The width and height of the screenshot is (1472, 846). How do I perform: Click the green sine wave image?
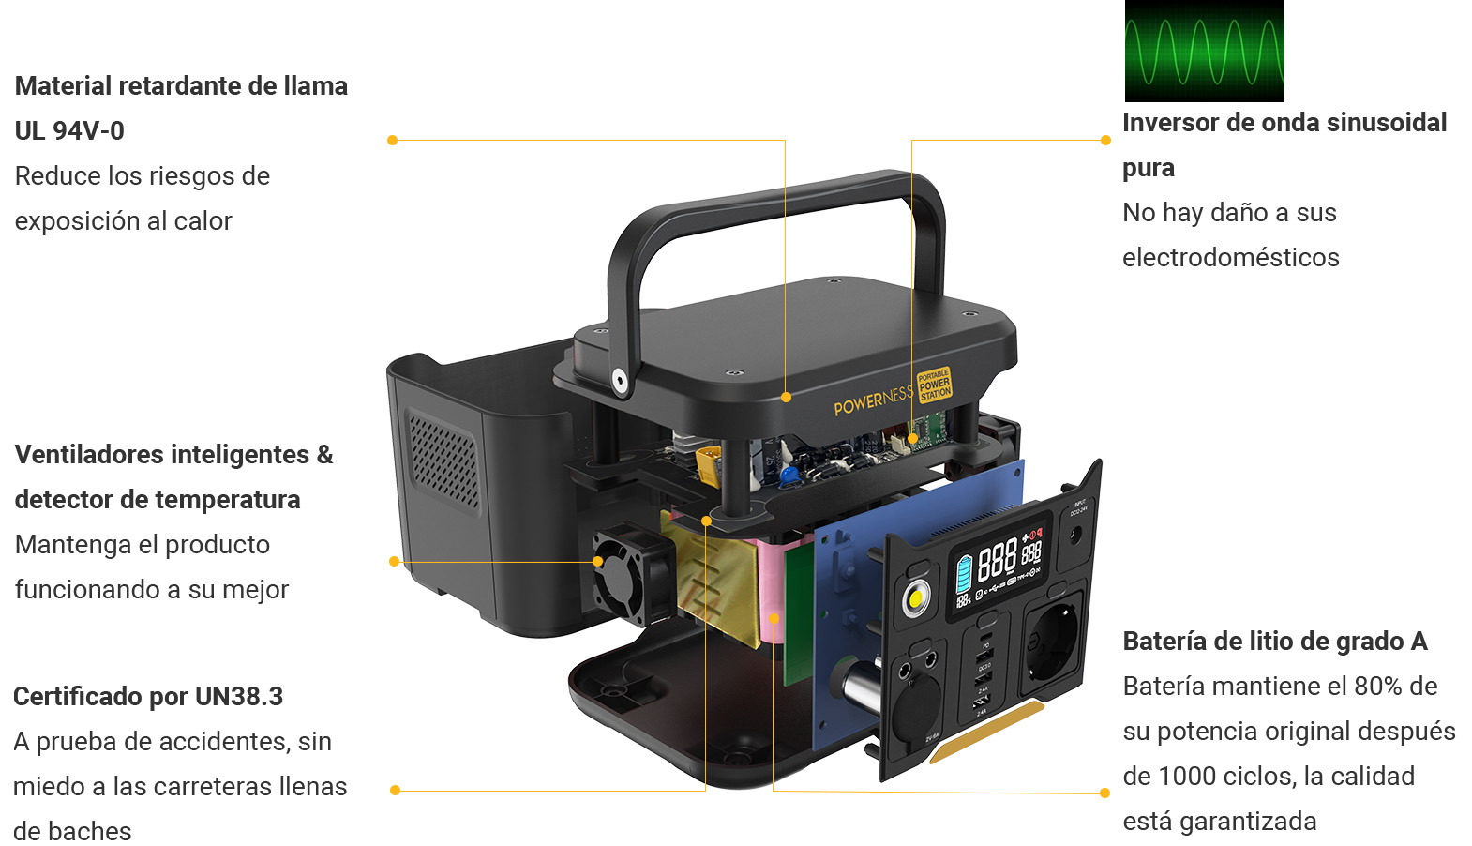[x=1204, y=51]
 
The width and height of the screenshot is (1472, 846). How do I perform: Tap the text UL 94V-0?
[x=69, y=131]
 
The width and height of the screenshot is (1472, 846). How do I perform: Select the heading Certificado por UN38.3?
[x=148, y=697]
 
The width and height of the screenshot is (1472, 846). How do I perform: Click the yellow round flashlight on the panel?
[x=916, y=598]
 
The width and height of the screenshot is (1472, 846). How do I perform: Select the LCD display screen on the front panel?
[x=999, y=563]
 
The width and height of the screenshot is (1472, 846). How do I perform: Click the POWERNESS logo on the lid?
[x=872, y=401]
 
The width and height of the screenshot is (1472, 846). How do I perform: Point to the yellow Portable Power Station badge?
[x=934, y=385]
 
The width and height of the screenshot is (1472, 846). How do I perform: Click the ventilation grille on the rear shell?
[x=443, y=460]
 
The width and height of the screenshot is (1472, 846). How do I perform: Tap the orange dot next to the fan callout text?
[x=394, y=562]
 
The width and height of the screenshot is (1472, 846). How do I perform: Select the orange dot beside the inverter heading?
[x=1105, y=141]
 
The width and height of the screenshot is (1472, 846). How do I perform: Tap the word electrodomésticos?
[x=1230, y=258]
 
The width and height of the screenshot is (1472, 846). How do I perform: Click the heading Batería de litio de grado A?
[x=1274, y=642]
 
